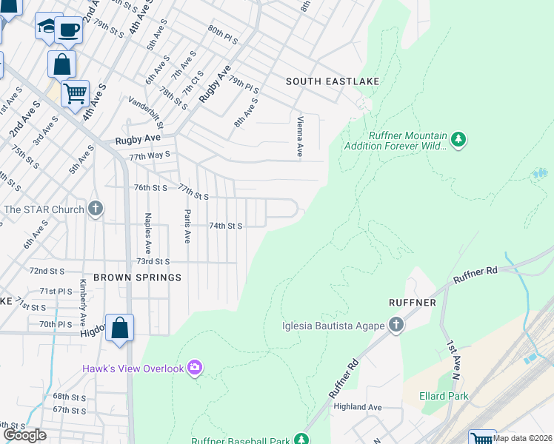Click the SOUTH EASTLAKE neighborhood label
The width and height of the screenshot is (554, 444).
click(x=333, y=81)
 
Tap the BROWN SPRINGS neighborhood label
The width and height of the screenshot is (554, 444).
click(x=147, y=277)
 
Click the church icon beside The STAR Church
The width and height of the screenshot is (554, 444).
click(x=96, y=209)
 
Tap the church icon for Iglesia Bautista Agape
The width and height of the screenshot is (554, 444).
click(x=396, y=325)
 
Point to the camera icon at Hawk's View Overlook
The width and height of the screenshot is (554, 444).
click(x=195, y=367)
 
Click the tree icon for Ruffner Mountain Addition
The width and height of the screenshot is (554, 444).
click(x=459, y=139)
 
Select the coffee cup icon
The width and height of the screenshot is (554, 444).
click(x=70, y=30)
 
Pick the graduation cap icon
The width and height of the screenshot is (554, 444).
click(x=47, y=26)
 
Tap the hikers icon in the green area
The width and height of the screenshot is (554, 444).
click(x=539, y=173)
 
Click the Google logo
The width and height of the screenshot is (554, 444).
click(x=24, y=435)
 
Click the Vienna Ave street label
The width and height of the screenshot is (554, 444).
click(x=300, y=135)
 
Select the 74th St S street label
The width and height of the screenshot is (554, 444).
click(x=227, y=225)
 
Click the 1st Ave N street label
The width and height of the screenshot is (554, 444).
click(x=453, y=356)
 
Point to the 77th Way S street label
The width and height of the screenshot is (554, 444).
click(x=150, y=156)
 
